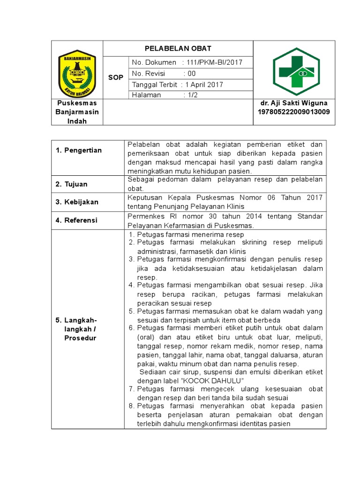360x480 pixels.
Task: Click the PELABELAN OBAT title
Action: (x=178, y=48)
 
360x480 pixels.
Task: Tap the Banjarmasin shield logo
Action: (x=77, y=73)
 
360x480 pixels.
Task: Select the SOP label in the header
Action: (x=115, y=77)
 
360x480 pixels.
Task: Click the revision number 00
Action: (x=191, y=74)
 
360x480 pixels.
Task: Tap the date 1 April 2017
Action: (x=204, y=85)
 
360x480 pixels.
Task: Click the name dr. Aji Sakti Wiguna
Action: (x=294, y=103)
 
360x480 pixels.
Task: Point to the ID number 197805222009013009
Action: (x=294, y=112)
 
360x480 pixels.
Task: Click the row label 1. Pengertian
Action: (x=78, y=150)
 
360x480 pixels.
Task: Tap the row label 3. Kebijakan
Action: (x=77, y=202)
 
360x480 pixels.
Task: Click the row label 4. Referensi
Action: (x=77, y=220)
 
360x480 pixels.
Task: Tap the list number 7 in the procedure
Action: (x=132, y=389)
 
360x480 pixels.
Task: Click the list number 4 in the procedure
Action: (x=132, y=285)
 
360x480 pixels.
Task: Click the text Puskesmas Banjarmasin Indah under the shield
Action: (x=77, y=112)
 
